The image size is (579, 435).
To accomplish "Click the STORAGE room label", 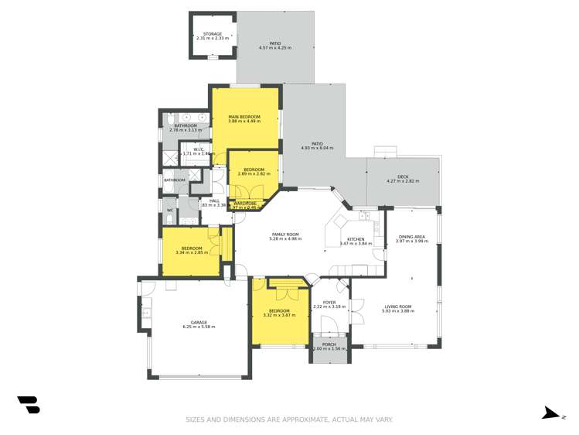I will coord(213,34).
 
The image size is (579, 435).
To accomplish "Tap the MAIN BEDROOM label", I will coord(244,117).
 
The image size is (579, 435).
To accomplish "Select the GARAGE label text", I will coord(199,323).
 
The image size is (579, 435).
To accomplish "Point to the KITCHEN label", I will coord(356,239).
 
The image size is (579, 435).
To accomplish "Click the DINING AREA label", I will coord(411,237).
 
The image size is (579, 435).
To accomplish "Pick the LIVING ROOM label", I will coord(399,307).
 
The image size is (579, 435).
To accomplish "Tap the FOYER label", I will coord(329,303).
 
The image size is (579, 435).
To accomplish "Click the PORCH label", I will coord(329,344).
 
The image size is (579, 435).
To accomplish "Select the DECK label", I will coord(403,176).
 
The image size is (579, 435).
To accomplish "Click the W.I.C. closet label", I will coord(199,149).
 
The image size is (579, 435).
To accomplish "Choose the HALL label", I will coord(214,201).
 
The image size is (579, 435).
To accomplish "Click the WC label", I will coord(170,210).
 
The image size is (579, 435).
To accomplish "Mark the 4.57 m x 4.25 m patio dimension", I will coord(275,48).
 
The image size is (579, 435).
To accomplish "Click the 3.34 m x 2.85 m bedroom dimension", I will coord(192,252).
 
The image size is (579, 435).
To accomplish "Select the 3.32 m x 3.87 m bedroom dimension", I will coord(279,315).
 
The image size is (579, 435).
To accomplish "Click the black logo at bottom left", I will coord(29,405).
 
